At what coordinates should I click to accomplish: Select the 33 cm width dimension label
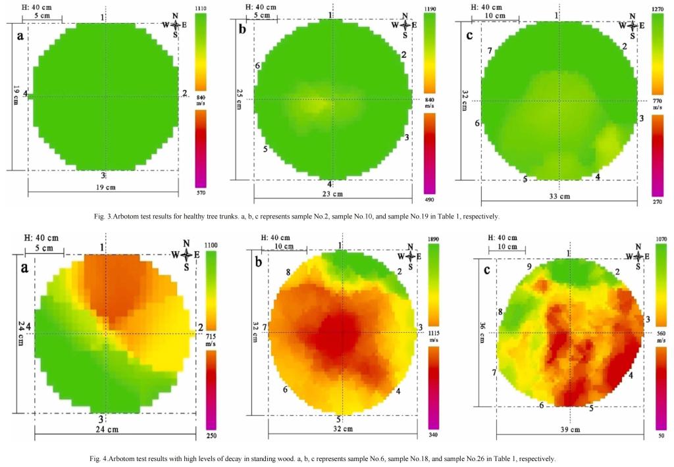(x=557, y=195)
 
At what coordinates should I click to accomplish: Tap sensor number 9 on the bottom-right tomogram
(x=529, y=267)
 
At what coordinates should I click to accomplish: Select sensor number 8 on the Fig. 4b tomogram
(x=288, y=272)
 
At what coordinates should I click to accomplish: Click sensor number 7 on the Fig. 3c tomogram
(x=489, y=51)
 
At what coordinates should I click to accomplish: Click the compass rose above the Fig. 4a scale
(x=187, y=255)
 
